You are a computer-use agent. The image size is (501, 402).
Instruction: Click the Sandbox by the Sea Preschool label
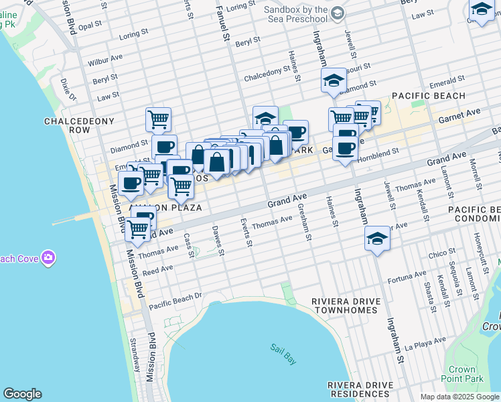point(295,15)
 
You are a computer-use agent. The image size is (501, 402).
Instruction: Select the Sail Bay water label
point(283,348)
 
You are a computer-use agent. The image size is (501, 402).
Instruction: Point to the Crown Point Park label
point(462,374)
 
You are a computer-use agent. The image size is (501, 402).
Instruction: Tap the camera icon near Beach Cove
point(48,257)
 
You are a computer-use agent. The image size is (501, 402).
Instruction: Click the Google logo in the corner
point(22,394)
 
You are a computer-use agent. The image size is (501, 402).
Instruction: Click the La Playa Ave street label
point(426,348)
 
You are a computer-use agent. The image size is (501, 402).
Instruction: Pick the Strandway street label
point(135,354)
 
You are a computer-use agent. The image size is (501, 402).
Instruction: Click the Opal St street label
point(89,26)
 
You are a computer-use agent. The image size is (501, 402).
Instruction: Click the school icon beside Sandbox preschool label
point(338,13)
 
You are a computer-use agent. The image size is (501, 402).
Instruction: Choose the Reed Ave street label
point(159,269)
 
